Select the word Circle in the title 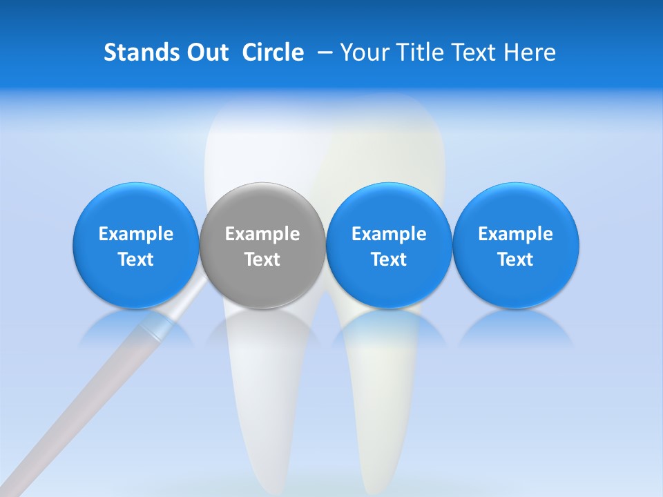click(x=273, y=52)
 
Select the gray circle click(x=262, y=245)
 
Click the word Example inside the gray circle click(x=262, y=234)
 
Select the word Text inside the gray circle click(x=262, y=260)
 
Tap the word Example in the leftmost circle click(x=136, y=234)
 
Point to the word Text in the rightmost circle click(x=516, y=260)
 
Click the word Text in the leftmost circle click(x=136, y=260)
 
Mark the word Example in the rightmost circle click(x=516, y=234)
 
